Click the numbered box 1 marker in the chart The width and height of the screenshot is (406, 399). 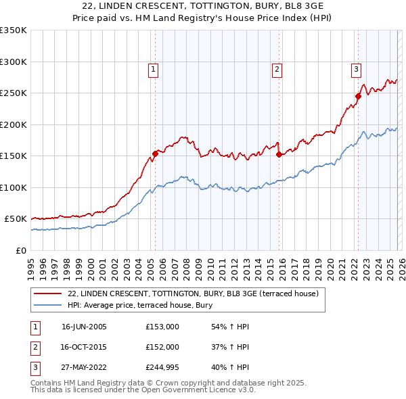pos(154,68)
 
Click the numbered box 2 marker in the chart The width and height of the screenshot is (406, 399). pos(277,68)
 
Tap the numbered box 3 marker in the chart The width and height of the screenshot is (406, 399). pos(356,68)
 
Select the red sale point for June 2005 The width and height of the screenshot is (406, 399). pos(156,154)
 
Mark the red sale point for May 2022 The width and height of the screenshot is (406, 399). pos(358,96)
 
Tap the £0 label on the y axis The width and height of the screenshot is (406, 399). pos(20,250)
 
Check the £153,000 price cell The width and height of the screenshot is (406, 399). pos(162,327)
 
